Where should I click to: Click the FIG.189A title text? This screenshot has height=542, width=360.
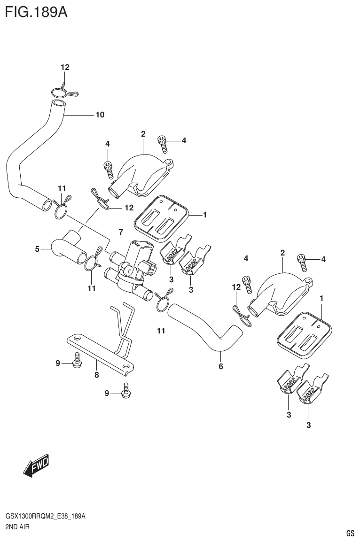(36, 11)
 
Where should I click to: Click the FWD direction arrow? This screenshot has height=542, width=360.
(36, 466)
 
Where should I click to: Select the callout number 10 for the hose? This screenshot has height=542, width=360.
(100, 115)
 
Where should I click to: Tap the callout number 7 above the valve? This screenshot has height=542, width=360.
(121, 232)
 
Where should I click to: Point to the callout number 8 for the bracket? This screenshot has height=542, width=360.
(96, 375)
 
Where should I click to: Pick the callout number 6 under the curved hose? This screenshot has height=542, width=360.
(220, 366)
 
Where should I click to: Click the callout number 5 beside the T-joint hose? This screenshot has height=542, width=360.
(37, 249)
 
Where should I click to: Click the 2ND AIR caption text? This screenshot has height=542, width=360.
(18, 527)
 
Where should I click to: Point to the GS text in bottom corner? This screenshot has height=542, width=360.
(350, 533)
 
